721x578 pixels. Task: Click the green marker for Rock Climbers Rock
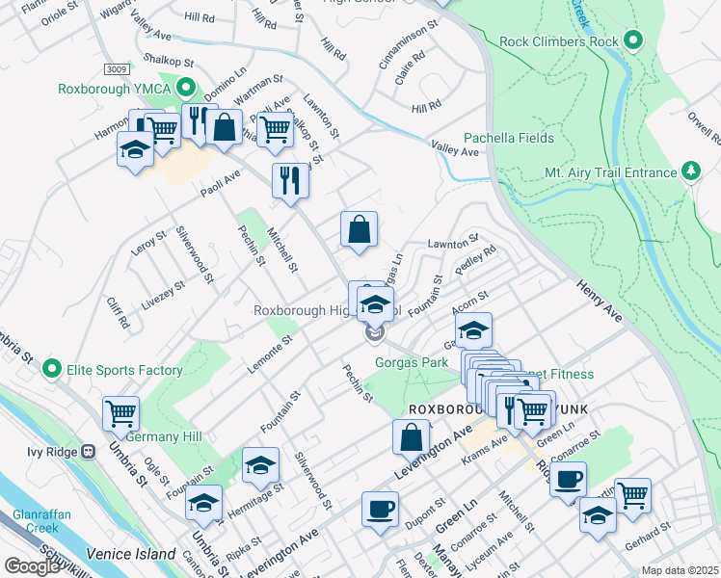632,40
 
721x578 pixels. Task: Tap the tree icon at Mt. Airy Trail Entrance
690,172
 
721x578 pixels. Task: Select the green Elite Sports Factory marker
52,369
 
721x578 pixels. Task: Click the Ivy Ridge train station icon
88,450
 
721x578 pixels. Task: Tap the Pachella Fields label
509,138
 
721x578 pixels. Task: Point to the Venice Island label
131,554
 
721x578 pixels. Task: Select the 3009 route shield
115,68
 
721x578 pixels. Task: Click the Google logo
32,567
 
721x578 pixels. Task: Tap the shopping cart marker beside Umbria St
121,413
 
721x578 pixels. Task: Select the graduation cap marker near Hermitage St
260,464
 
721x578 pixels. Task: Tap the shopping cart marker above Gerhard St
632,494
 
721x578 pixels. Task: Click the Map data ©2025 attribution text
679,570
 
